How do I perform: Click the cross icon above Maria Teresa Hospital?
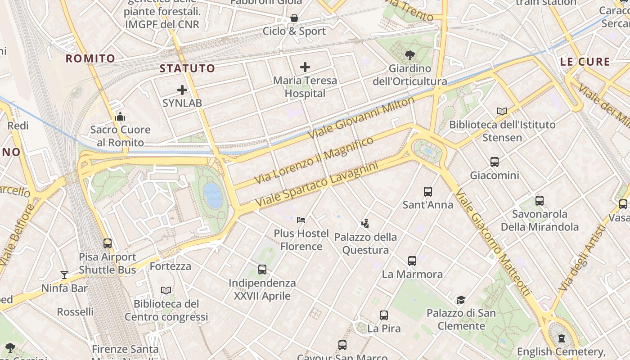point(305,67)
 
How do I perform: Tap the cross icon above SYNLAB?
point(182,90)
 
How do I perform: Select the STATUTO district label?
point(187,68)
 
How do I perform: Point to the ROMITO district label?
point(90,58)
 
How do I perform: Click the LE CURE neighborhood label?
point(585,62)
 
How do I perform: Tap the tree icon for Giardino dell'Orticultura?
point(409,55)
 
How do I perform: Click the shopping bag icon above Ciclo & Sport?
point(294,18)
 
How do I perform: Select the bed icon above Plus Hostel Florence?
point(301,220)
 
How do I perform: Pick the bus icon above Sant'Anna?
point(427,191)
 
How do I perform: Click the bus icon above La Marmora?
point(412,261)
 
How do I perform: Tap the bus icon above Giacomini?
point(494,162)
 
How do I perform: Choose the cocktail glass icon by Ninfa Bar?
point(64,274)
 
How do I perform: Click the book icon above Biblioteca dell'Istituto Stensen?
point(502,111)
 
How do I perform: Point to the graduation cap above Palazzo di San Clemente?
point(461,300)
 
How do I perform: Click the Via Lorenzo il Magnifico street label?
point(314,160)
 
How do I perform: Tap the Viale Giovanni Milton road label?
point(361,117)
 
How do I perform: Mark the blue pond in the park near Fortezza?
point(213,195)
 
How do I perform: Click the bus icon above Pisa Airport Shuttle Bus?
point(107,243)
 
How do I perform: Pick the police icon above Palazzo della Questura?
point(365,223)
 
